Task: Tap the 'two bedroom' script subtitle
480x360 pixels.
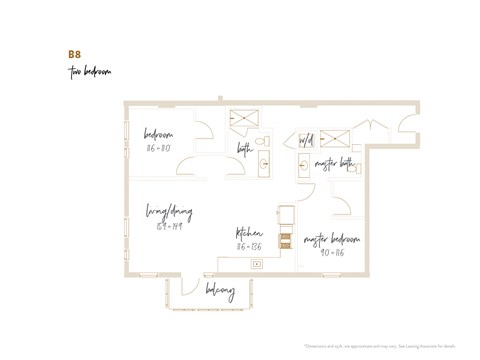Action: (89, 72)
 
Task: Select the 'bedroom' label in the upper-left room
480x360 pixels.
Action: (158, 135)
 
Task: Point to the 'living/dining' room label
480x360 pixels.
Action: (169, 212)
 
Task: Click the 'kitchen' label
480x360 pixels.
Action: (249, 230)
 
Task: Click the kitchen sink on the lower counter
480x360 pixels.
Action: (257, 264)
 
